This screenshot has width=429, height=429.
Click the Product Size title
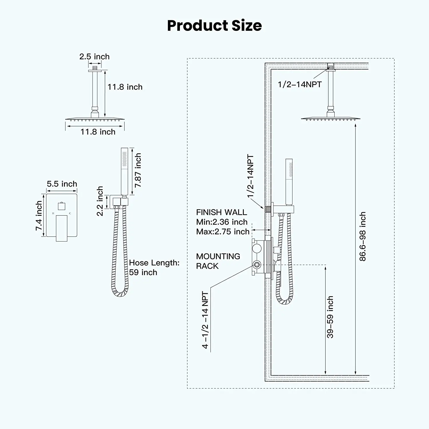pyautogui.click(x=214, y=25)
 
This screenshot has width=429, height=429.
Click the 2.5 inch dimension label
pyautogui.click(x=94, y=57)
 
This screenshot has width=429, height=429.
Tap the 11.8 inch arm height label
pyautogui.click(x=125, y=87)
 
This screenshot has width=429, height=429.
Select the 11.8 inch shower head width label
pyautogui.click(x=98, y=132)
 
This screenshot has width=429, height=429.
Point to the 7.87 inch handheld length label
pyautogui.click(x=138, y=170)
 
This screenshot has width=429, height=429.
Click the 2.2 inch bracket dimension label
pyautogui.click(x=100, y=201)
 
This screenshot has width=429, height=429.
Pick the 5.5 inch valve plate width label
pyautogui.click(x=62, y=184)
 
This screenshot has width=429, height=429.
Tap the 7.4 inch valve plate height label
pyautogui.click(x=39, y=216)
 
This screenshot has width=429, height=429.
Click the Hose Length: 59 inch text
pyautogui.click(x=154, y=267)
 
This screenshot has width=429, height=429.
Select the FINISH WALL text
pyautogui.click(x=221, y=212)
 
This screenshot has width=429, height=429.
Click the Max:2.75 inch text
pyautogui.click(x=223, y=232)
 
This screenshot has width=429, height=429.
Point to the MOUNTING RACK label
pyautogui.click(x=218, y=261)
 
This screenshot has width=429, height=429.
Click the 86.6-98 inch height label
pyautogui.click(x=363, y=236)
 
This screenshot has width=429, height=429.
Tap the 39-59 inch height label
pyautogui.click(x=330, y=317)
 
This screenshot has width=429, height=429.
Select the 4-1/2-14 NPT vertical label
pyautogui.click(x=205, y=320)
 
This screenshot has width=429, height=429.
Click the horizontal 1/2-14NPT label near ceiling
pyautogui.click(x=300, y=84)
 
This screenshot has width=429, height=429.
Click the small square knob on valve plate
pyautogui.click(x=61, y=206)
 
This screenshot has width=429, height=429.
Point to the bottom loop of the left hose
pyautogui.click(x=120, y=293)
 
